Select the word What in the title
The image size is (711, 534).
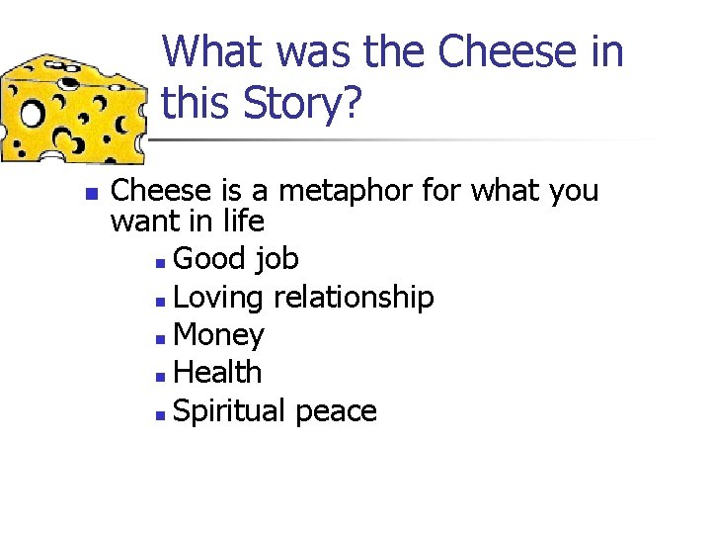pyautogui.click(x=219, y=52)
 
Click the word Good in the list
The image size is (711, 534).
pyautogui.click(x=208, y=259)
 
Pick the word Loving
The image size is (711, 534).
pyautogui.click(x=219, y=298)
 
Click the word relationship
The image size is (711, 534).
pyautogui.click(x=354, y=298)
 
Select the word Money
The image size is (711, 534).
pyautogui.click(x=217, y=336)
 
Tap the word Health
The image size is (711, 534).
pyautogui.click(x=217, y=373)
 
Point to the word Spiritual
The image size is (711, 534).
pyautogui.click(x=229, y=411)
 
